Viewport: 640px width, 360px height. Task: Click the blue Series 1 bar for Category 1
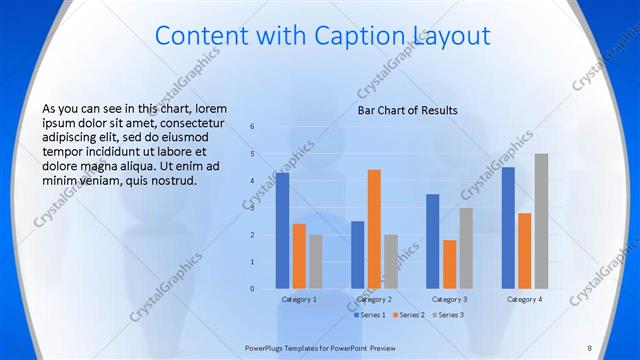[283, 231]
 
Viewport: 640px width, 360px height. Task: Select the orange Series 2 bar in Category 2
[374, 229]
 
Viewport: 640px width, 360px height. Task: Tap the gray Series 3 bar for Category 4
[541, 221]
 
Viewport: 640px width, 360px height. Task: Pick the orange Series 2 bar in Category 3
[449, 264]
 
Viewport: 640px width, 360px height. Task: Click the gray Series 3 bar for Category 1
[316, 262]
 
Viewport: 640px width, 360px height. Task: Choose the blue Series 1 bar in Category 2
[357, 255]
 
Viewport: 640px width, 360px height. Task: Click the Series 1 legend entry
[370, 315]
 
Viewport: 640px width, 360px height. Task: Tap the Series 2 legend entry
[409, 315]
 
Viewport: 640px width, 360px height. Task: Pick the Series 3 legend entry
[448, 315]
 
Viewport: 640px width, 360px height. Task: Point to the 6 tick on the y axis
[252, 127]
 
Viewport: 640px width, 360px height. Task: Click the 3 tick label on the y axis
[252, 208]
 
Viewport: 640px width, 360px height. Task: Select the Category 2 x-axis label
[374, 299]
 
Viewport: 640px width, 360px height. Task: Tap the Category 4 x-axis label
[524, 299]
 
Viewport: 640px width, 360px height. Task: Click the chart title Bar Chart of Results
[408, 110]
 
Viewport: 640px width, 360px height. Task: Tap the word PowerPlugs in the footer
[266, 347]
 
